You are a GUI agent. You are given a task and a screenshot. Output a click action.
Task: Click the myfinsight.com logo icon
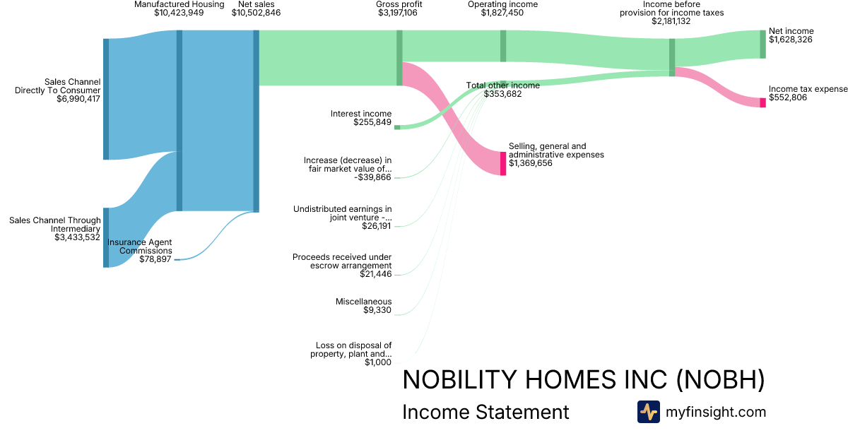649,412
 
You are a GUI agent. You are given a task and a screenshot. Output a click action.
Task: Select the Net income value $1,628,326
791,40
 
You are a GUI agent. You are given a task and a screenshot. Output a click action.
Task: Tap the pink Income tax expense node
762,102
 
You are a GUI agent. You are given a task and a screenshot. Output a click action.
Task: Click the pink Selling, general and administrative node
503,163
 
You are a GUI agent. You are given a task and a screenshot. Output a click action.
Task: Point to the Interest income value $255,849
372,122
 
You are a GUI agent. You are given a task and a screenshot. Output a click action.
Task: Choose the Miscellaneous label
363,302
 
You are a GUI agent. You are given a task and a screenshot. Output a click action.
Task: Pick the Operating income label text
502,4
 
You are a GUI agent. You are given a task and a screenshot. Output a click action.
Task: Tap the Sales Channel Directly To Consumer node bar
106,99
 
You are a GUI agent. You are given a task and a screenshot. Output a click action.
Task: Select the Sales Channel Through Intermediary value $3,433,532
77,237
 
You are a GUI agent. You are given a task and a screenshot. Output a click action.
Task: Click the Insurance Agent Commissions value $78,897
155,259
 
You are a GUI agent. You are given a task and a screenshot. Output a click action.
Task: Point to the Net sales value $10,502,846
257,13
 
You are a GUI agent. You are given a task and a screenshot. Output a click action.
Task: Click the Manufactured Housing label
179,4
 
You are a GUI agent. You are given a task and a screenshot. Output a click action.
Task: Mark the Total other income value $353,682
502,94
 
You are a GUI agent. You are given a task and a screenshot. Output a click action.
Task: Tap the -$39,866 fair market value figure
372,177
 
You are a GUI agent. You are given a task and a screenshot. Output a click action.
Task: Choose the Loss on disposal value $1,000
378,362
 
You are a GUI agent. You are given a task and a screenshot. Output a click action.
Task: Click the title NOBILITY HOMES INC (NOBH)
584,379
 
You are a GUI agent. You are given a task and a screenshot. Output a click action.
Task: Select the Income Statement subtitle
485,412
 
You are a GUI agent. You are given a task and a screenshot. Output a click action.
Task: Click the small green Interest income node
397,128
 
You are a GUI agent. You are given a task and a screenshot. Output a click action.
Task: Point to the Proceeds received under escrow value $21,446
375,274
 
